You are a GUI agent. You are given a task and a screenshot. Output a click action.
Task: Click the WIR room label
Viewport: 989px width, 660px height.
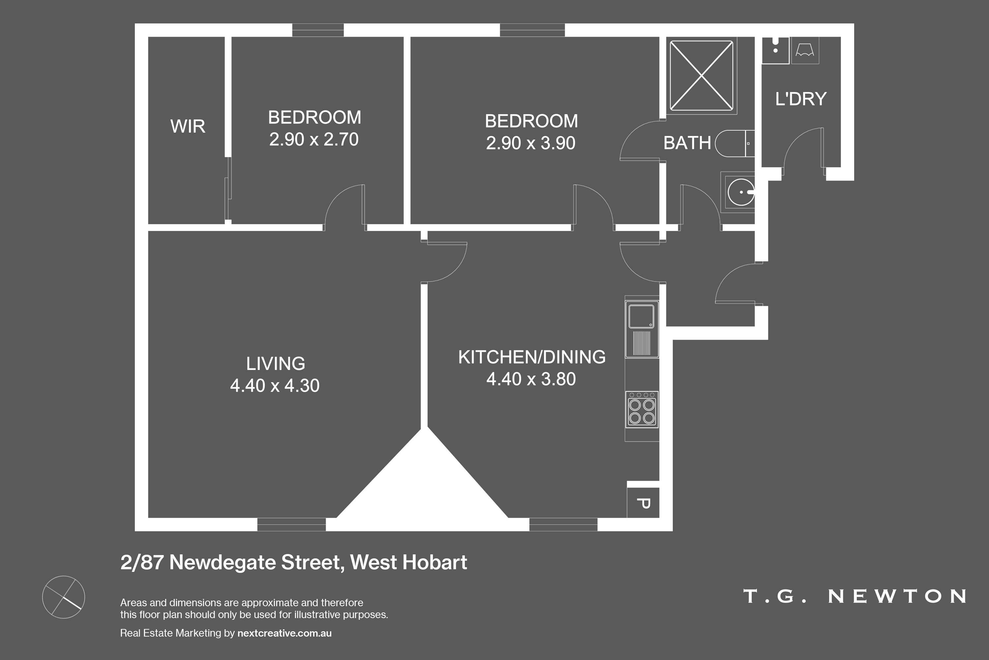188,126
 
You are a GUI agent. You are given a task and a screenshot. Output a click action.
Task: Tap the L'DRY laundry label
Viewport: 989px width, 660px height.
801,99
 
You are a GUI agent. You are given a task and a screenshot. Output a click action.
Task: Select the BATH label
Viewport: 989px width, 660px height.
687,143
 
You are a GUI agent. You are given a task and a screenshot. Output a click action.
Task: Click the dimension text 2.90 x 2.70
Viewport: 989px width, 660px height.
314,139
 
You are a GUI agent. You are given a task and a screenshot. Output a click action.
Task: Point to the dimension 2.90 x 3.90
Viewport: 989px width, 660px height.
531,143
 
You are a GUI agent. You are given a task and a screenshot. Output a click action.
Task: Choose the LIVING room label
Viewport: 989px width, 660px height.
275,364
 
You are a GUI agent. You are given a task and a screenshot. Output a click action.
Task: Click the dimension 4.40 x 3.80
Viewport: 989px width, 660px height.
531,379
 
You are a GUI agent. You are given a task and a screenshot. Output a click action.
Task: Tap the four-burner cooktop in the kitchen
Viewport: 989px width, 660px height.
642,410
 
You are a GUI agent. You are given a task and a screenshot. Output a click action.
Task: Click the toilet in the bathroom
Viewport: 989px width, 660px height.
734,144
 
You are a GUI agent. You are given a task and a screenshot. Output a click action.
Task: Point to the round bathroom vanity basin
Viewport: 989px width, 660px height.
741,192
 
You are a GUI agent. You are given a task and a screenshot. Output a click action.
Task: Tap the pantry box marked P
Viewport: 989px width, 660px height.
643,503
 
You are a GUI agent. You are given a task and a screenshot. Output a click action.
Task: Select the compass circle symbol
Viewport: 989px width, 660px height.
64,597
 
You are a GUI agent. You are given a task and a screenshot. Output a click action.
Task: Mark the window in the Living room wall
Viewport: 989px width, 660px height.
291,524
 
